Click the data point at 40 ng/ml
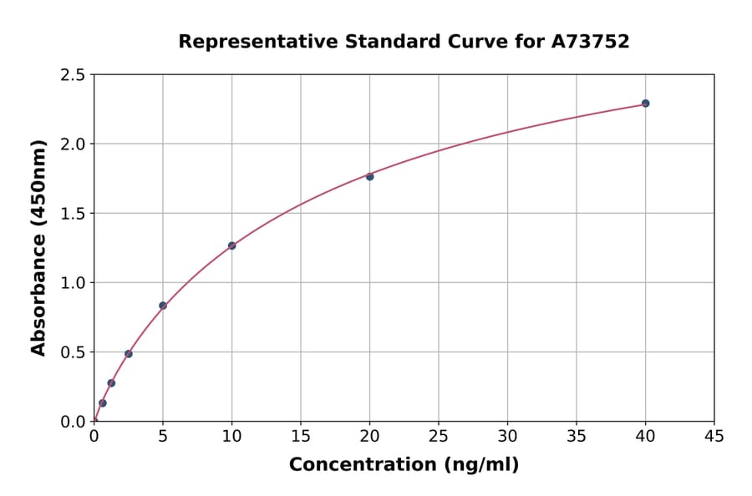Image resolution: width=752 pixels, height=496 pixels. [645, 104]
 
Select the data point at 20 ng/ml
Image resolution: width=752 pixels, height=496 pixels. [369, 176]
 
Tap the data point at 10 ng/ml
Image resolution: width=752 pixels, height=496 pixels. [231, 245]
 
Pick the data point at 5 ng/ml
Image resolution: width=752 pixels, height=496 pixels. [163, 306]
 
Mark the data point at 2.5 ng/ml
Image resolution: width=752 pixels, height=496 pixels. [129, 354]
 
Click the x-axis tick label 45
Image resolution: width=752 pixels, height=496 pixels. [714, 436]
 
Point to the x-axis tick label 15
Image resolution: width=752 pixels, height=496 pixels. [301, 436]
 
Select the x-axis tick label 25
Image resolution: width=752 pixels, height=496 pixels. [439, 436]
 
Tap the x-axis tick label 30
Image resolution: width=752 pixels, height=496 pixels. [507, 436]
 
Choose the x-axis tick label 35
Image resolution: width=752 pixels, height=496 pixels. [577, 436]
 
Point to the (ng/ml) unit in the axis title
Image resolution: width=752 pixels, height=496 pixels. [480, 465]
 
